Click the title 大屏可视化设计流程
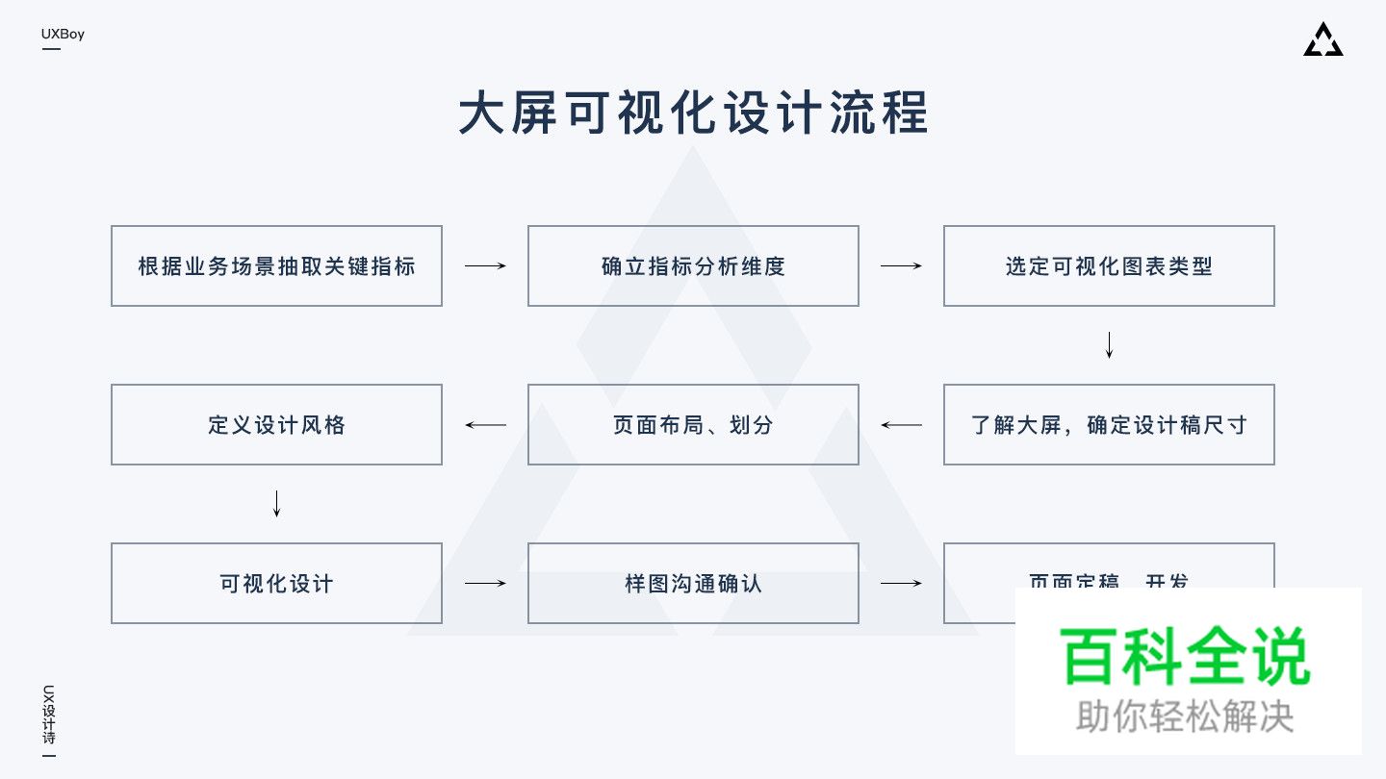point(693,113)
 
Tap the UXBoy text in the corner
point(63,35)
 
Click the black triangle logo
point(1322,40)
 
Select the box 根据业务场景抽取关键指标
point(276,266)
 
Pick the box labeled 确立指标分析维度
point(693,266)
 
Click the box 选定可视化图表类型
point(1109,266)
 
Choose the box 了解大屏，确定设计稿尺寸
point(1109,425)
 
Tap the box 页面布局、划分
point(693,425)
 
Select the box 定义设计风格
point(276,425)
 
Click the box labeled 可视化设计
point(276,584)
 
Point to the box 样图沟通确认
point(693,584)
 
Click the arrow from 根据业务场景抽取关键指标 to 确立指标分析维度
point(485,266)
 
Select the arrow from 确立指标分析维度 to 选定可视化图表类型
point(901,266)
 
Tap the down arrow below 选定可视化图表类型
point(1109,345)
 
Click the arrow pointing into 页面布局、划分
point(901,425)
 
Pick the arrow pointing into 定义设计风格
point(485,425)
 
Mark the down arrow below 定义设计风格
point(276,504)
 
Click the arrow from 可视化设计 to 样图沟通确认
point(485,584)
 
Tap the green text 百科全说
point(1185,656)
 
